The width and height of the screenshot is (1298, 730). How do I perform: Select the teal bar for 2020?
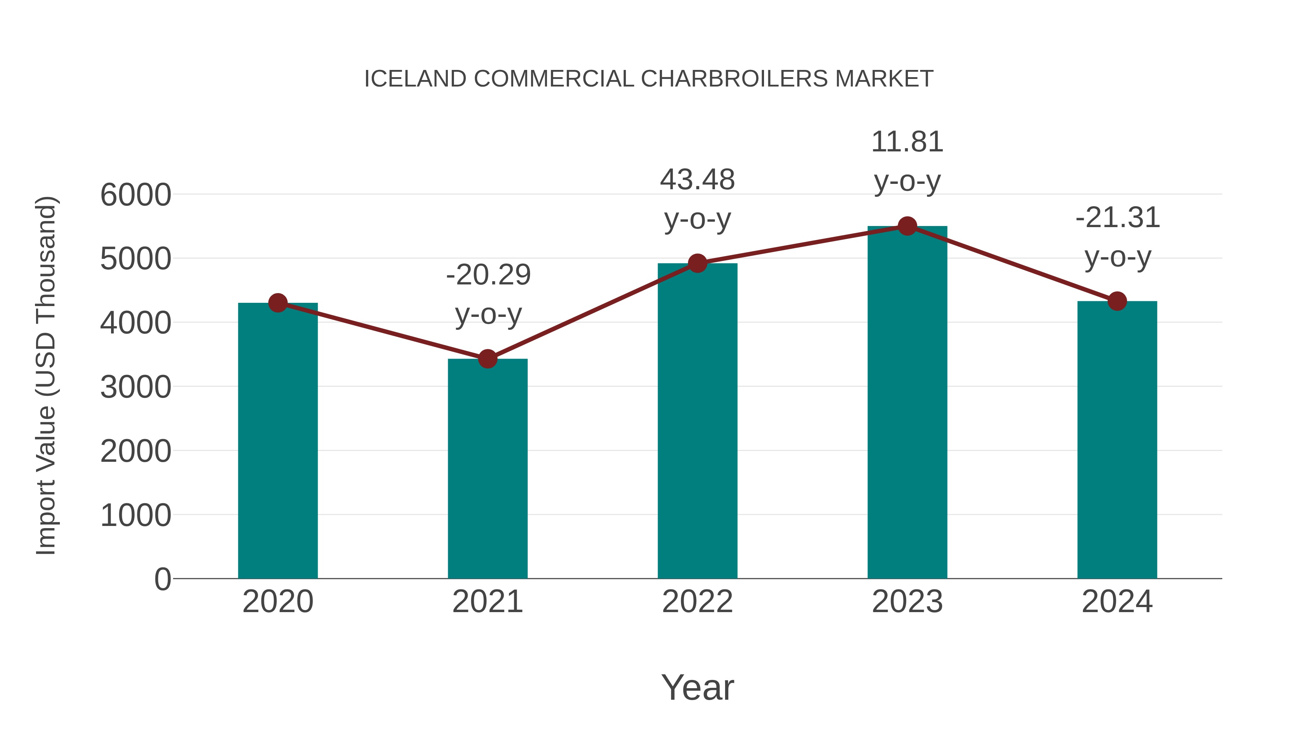point(278,441)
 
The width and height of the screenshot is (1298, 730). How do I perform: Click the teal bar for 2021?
point(487,469)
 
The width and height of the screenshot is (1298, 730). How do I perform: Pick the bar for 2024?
point(1117,439)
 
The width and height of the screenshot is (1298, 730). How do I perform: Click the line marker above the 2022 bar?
point(697,263)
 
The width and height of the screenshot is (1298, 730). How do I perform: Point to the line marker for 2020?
point(278,303)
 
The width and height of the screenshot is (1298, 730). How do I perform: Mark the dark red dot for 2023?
point(907,226)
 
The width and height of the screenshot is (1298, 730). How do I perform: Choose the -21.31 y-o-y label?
point(1118,237)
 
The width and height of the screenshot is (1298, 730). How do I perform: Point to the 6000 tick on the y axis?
point(136,195)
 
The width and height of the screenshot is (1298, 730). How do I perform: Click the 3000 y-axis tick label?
point(136,388)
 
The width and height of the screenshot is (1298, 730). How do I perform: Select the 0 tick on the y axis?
point(162,579)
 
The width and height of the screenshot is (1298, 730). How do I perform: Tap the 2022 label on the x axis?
point(697,602)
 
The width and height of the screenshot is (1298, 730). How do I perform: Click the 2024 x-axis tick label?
point(1117,602)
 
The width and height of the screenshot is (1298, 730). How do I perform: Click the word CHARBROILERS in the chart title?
point(734,79)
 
